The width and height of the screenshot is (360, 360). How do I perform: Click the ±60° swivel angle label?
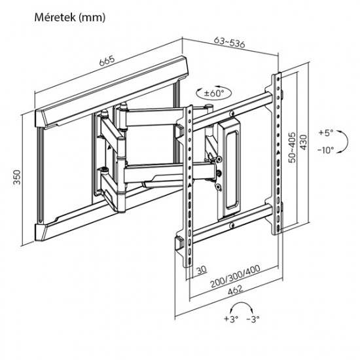(x=213, y=94)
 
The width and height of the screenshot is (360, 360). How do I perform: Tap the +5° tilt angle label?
(x=327, y=132)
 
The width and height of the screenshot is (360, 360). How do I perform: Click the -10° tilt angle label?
(x=327, y=150)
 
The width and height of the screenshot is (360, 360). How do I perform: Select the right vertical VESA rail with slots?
(x=277, y=157)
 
